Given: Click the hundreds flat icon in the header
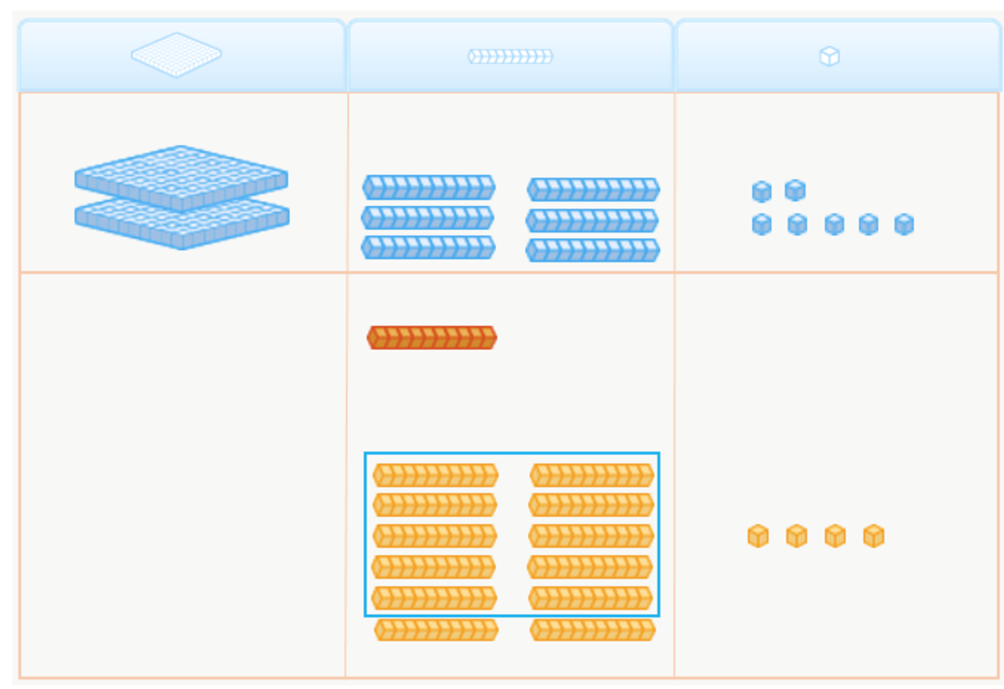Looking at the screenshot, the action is tap(176, 55).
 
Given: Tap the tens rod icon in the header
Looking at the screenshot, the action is tap(510, 57).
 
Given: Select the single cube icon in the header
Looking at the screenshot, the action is tap(829, 57).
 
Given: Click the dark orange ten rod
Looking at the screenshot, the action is tap(432, 337).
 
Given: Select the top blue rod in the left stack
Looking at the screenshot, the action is tap(429, 187).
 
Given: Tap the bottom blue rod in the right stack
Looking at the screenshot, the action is tap(593, 250).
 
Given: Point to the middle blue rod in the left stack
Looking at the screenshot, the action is tap(428, 217).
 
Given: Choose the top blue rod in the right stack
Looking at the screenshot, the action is tap(594, 189).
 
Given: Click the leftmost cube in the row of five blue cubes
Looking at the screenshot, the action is tap(762, 224).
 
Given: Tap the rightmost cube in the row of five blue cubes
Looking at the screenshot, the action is tap(903, 224).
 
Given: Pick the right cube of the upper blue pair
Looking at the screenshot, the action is tap(795, 190).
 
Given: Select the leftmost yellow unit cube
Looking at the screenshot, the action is tap(757, 536).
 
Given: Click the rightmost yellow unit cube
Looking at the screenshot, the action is tap(873, 536).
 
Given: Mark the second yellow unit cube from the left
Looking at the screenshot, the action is tap(796, 536).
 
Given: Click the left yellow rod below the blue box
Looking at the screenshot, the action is tap(436, 630).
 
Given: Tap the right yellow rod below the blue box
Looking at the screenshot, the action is tap(593, 630).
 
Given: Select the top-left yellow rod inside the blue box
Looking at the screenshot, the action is tap(436, 475).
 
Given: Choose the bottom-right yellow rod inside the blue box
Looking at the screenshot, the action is tap(591, 598).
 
